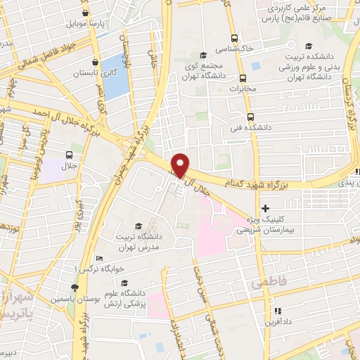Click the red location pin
pos(181,165)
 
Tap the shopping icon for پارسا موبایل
pos(85,13)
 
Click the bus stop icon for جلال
pos(69,156)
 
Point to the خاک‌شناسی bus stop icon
pos(234,39)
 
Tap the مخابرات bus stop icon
pos(243,78)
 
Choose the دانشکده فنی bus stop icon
pos(251,117)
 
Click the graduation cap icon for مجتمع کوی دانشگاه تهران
pos(203,55)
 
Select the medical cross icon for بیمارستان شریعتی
pos(265,208)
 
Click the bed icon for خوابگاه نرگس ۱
pos(99,258)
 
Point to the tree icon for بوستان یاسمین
pos(75,287)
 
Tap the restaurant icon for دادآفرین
pos(278,310)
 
